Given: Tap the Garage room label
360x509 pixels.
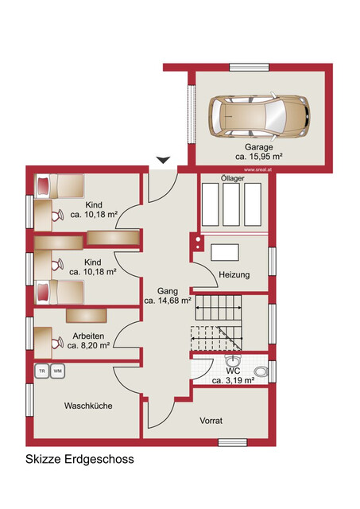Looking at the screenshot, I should coord(258,148).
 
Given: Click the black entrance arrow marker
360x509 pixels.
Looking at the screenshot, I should coord(163,161).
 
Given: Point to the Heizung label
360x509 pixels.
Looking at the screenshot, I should coord(234,275).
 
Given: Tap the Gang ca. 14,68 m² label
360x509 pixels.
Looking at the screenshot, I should coord(168,297).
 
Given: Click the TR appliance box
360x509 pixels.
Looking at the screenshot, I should coord(41,371).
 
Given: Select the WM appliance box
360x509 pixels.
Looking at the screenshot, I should coord(58,371).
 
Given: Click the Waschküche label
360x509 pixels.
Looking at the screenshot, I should coord(88,406).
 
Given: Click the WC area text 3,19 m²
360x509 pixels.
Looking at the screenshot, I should coord(232,381).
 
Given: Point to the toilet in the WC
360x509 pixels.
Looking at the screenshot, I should coord(260,370).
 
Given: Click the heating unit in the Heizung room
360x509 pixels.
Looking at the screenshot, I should coord(225,251).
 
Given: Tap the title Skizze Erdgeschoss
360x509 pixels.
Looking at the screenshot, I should coord(79,459).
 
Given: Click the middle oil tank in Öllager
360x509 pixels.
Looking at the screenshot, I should coord(232,208).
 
